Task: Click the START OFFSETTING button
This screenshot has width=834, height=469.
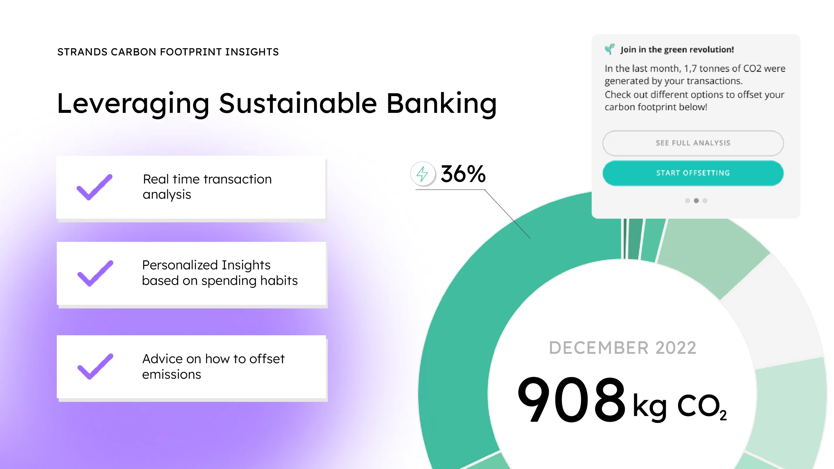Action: (693, 173)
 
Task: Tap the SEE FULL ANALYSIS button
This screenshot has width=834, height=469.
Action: (693, 143)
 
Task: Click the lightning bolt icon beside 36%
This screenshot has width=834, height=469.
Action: (423, 174)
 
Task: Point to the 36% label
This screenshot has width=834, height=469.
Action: (463, 174)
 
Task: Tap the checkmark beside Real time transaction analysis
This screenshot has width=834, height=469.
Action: (95, 187)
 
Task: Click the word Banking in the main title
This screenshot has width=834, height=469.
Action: (442, 104)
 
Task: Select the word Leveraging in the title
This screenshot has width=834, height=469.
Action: (133, 104)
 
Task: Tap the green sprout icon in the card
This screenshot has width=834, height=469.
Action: (610, 49)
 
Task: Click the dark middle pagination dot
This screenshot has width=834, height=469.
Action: (696, 200)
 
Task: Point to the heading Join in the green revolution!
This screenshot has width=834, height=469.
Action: (677, 50)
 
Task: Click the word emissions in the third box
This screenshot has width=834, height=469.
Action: (172, 375)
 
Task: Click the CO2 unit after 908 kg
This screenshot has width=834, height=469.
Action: (702, 407)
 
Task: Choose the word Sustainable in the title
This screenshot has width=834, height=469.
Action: (298, 104)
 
